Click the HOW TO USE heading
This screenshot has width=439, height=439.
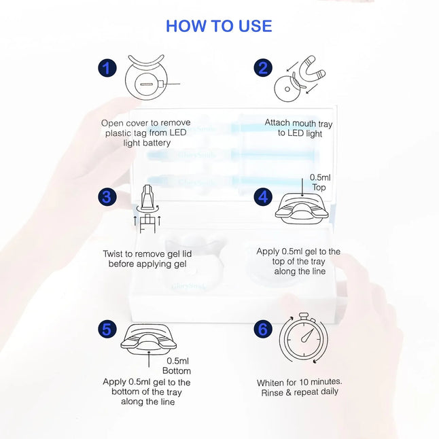(x=219, y=26)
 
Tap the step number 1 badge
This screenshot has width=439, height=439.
(x=107, y=68)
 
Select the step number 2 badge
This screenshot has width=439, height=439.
(x=263, y=68)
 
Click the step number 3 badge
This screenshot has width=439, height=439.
(x=107, y=197)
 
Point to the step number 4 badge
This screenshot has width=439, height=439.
(x=263, y=197)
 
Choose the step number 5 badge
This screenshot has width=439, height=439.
(x=107, y=329)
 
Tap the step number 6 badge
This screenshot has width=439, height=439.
(x=263, y=329)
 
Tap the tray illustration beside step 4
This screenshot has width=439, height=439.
(x=304, y=207)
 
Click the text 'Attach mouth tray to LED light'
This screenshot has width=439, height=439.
(x=299, y=128)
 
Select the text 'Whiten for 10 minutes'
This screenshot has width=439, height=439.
(x=299, y=383)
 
